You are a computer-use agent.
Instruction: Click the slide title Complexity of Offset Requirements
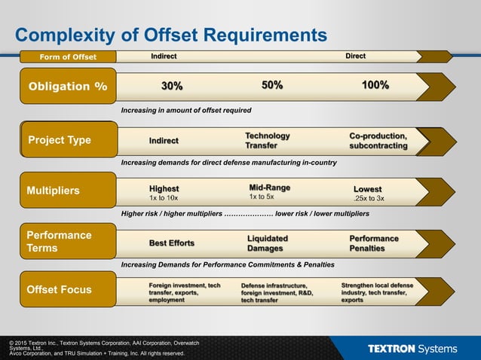(171, 35)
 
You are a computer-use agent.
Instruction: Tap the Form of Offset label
(68, 56)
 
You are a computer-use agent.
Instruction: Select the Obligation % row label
(68, 86)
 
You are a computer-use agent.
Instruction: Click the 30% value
(172, 86)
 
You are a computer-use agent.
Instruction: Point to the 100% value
(375, 85)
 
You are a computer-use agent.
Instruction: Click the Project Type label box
(68, 140)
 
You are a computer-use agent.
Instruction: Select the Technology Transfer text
(267, 140)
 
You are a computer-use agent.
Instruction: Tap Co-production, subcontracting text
(378, 140)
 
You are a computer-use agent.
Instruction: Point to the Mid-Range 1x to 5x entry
(269, 192)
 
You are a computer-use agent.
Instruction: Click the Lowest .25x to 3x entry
(369, 194)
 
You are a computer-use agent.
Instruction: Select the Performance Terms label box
(68, 241)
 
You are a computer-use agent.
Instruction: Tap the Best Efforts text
(172, 243)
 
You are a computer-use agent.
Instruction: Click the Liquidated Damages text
(267, 243)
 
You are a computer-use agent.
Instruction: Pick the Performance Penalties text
(374, 243)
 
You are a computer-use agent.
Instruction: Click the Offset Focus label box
(68, 289)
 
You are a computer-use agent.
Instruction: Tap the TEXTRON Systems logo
(412, 349)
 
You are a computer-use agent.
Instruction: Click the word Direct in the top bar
(355, 56)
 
